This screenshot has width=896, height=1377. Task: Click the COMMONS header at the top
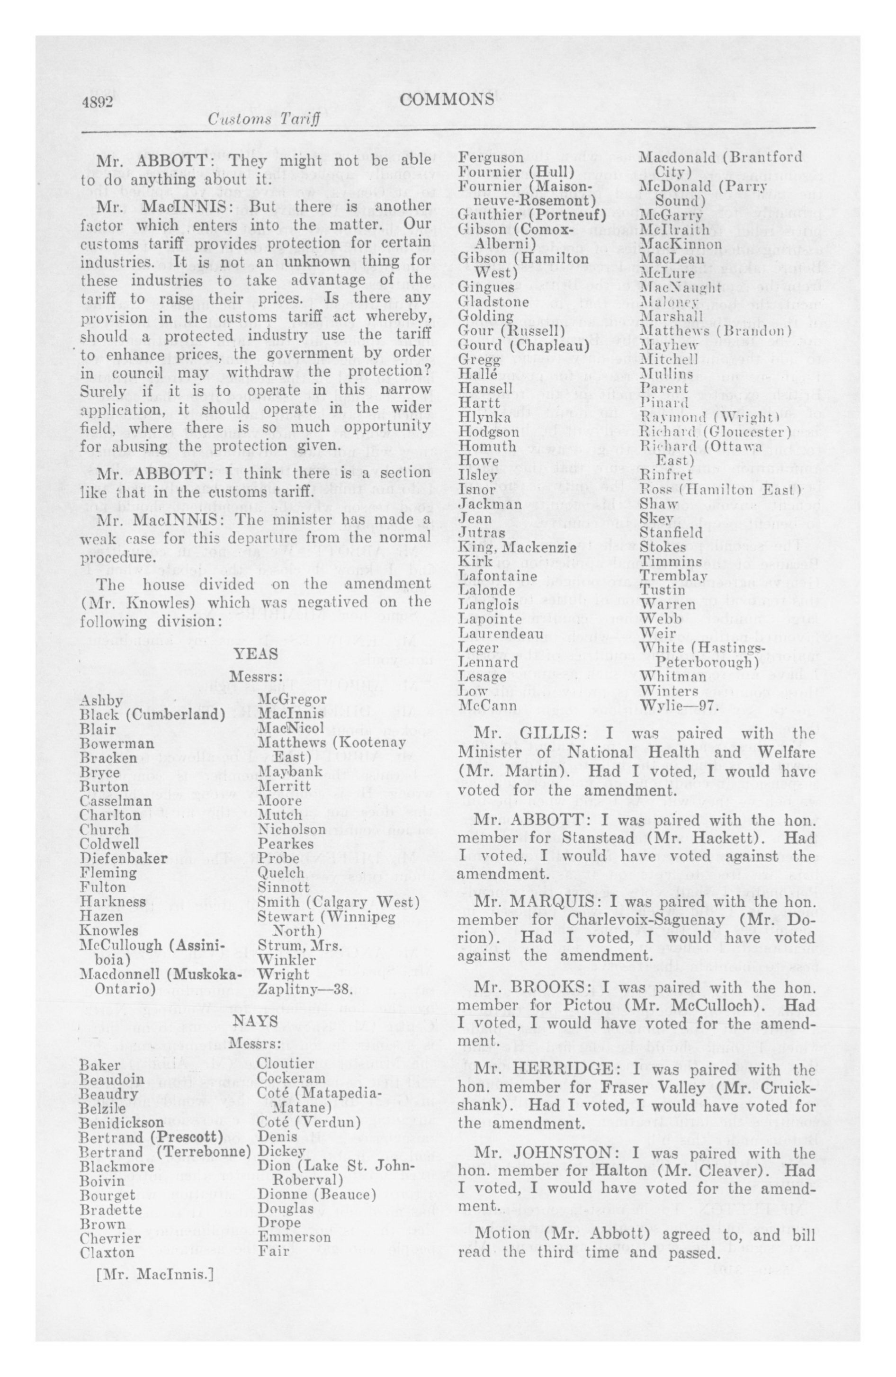click(x=447, y=99)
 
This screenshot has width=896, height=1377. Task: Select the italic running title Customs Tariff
click(x=263, y=120)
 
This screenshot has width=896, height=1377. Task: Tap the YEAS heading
click(x=255, y=654)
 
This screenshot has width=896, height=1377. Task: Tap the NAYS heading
click(x=255, y=1022)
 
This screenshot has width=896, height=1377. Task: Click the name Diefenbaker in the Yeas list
click(x=124, y=858)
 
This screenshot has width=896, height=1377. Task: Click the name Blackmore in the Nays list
click(x=117, y=1166)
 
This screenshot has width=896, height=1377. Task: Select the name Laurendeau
click(x=501, y=634)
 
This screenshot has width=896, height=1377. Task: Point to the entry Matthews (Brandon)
click(x=716, y=331)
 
